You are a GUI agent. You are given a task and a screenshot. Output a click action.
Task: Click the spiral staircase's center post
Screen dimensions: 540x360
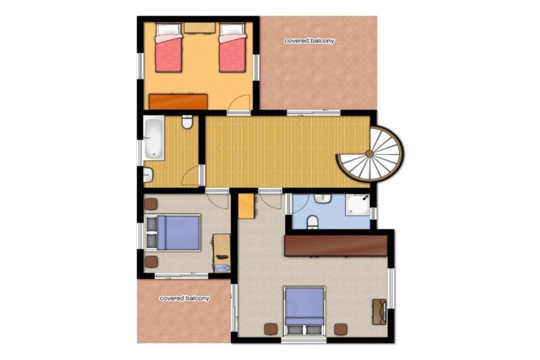(369, 154)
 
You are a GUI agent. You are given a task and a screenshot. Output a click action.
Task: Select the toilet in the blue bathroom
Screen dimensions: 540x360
(312, 222)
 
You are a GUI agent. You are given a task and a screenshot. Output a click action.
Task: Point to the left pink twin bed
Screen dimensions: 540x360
(168, 47)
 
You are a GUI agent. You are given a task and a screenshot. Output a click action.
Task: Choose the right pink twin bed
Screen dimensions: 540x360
(232, 47)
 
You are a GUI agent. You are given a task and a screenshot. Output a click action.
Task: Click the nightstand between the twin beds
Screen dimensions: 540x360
(199, 28)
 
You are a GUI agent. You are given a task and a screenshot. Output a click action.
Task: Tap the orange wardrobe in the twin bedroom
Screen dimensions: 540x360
(178, 101)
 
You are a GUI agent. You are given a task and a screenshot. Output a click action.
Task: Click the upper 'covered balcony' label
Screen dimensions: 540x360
(309, 41)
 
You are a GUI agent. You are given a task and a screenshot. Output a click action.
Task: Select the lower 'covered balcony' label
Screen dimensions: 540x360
(184, 298)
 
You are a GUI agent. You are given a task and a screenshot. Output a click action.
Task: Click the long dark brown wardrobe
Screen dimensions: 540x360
(336, 245)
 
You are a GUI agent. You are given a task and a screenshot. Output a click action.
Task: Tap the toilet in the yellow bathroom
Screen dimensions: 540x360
(187, 122)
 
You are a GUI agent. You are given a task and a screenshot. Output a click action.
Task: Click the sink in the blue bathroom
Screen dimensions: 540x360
(322, 198)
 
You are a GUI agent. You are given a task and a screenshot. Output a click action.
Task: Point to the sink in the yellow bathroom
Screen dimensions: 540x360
(147, 175)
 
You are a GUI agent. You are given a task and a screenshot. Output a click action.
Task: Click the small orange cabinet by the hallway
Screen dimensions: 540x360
(246, 205)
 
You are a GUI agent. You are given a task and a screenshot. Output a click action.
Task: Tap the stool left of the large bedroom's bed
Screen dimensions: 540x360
(270, 329)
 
